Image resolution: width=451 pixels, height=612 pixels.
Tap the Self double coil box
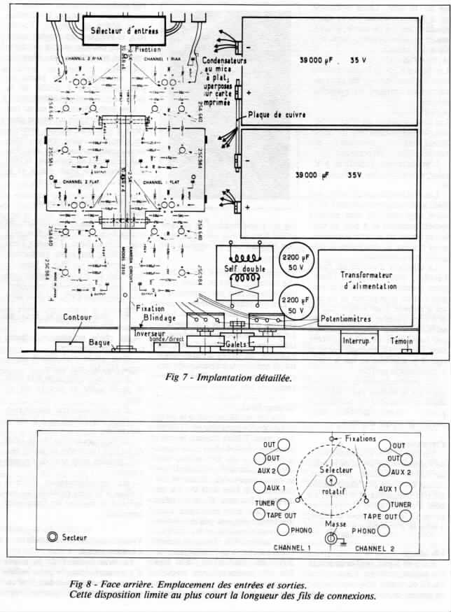coord(242,270)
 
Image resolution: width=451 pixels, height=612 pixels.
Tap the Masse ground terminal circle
coord(331,539)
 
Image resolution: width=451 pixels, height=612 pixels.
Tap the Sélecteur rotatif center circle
coord(331,481)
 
